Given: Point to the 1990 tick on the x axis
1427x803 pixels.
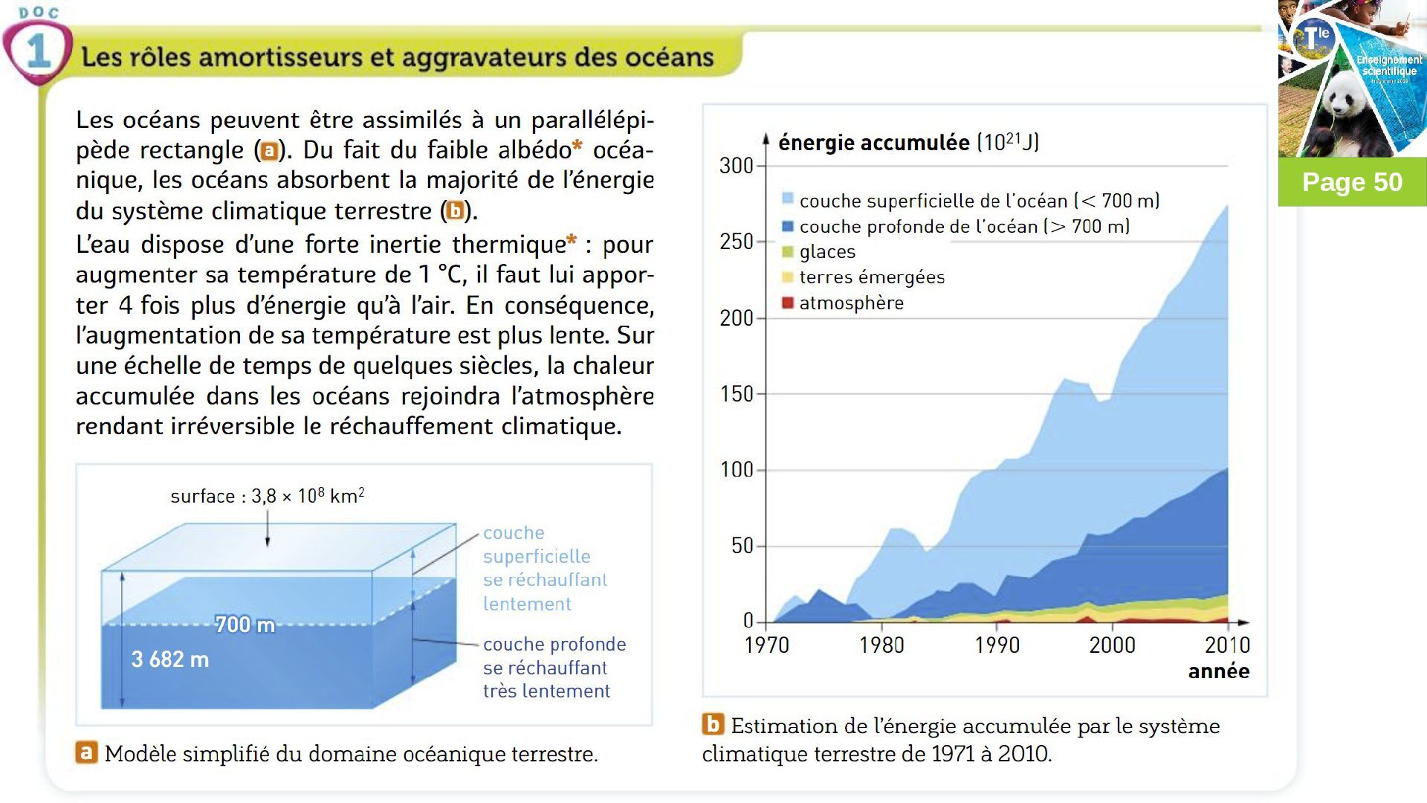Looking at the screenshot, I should pyautogui.click(x=997, y=645).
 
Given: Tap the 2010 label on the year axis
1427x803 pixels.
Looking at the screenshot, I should pyautogui.click(x=1227, y=645).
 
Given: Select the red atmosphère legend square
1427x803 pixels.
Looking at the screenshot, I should pyautogui.click(x=788, y=303).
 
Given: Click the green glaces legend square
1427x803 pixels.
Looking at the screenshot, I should pyautogui.click(x=788, y=252).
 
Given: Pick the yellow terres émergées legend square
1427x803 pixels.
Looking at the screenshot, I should pyautogui.click(x=788, y=277).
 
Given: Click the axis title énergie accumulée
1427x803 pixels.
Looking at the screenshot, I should pyautogui.click(x=873, y=142).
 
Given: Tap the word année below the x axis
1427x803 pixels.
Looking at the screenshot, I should pyautogui.click(x=1218, y=671).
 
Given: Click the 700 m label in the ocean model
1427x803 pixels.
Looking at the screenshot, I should pyautogui.click(x=245, y=625).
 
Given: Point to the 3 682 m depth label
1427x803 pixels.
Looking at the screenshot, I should pyautogui.click(x=169, y=660).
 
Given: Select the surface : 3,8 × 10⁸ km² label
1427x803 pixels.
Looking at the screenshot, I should pyautogui.click(x=267, y=496).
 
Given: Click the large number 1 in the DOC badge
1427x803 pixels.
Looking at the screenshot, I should pyautogui.click(x=37, y=52).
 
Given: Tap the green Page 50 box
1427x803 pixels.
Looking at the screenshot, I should pyautogui.click(x=1352, y=182).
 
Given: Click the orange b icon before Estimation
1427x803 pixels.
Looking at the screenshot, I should pyautogui.click(x=713, y=724).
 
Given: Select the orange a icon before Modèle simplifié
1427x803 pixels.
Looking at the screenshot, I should pyautogui.click(x=86, y=752).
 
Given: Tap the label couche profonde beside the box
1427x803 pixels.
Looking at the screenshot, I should pyautogui.click(x=554, y=644).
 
